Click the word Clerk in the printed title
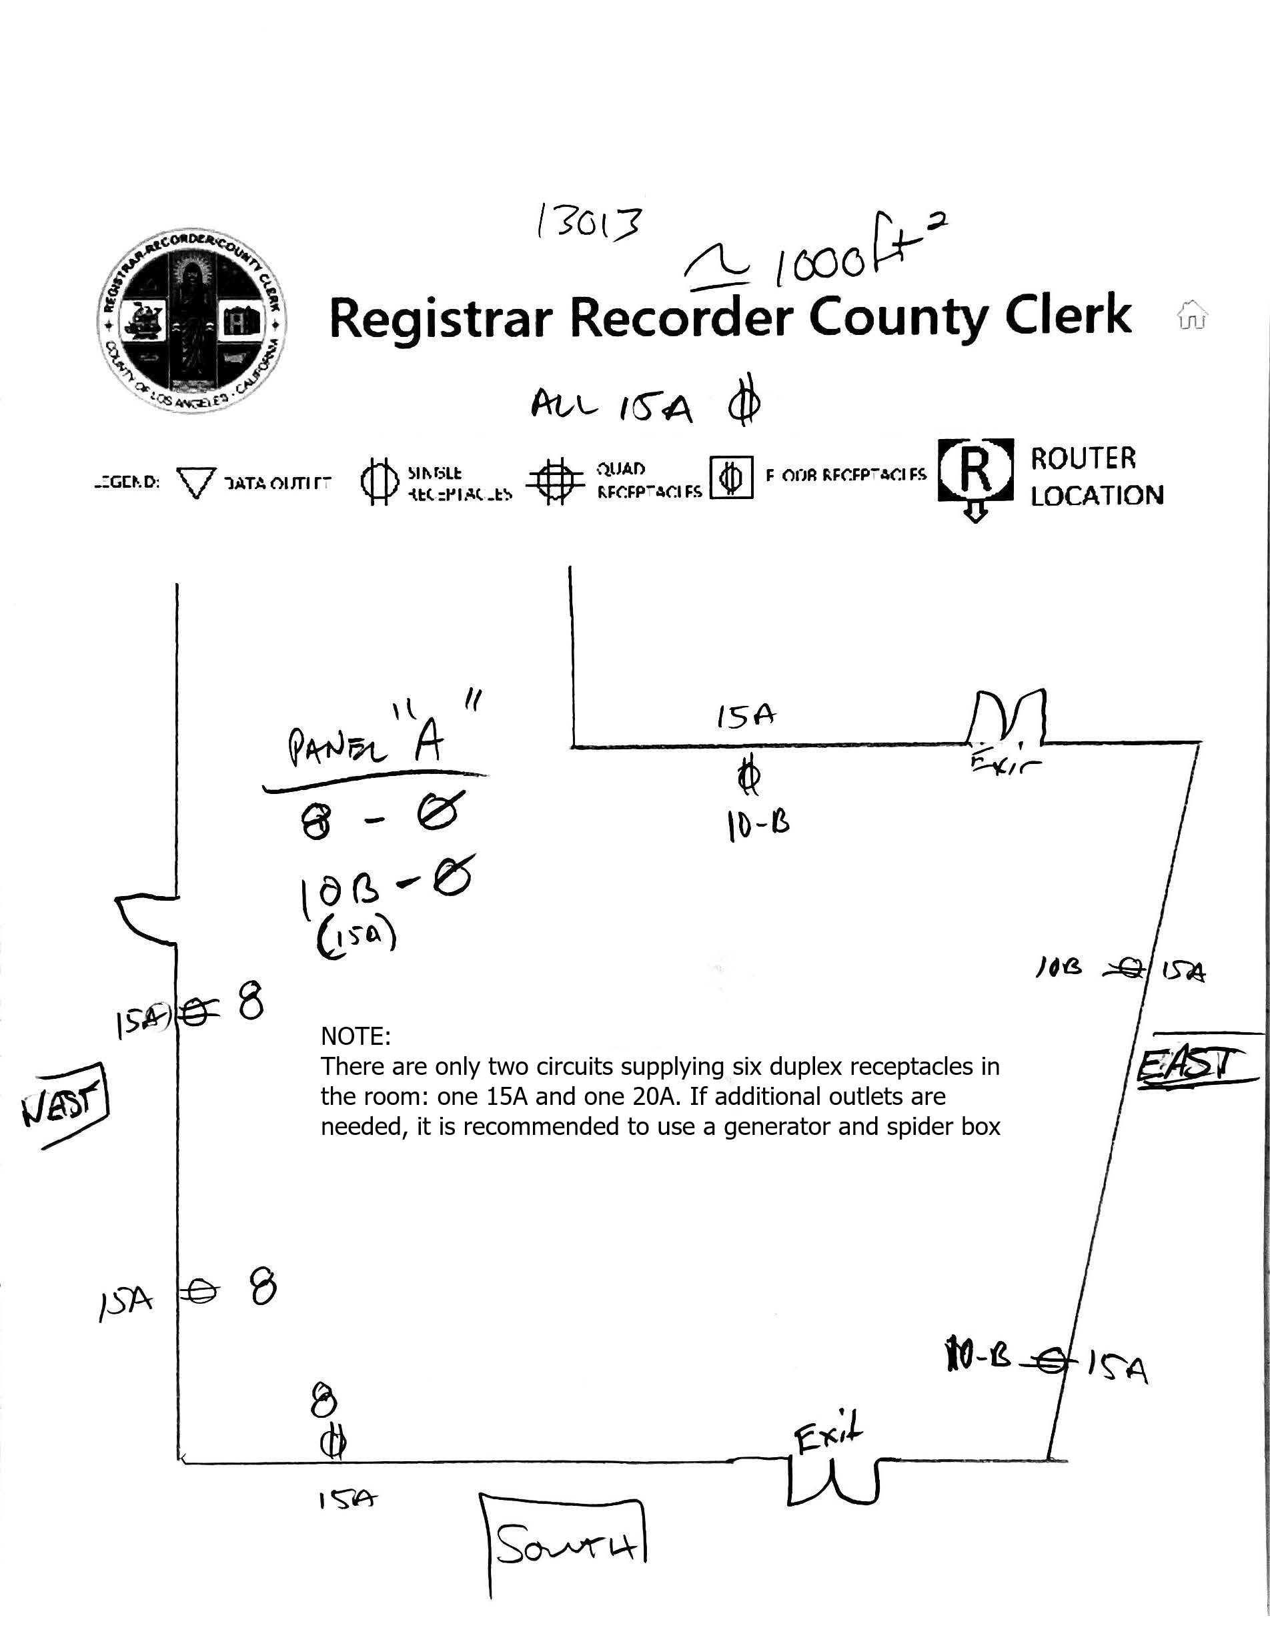[x=1068, y=316]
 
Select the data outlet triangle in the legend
[x=195, y=482]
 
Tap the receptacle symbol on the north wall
[x=748, y=777]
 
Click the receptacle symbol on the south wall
[x=334, y=1443]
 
